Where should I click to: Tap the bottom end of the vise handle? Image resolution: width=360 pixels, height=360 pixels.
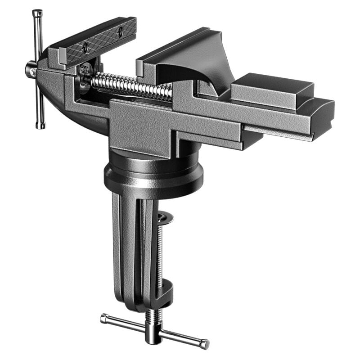point(40,126)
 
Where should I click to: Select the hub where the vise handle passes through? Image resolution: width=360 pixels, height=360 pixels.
point(31,69)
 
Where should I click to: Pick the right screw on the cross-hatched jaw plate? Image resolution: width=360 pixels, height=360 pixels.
point(120,31)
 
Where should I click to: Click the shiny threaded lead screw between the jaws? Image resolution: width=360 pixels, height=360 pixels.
point(130,86)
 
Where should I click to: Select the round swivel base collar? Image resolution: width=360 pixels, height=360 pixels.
point(153,173)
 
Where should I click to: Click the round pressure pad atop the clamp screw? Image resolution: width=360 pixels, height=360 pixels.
point(166,218)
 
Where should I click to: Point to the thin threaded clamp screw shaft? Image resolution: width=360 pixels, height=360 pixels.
point(159,252)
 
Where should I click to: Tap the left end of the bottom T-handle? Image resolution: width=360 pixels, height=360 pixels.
point(104,319)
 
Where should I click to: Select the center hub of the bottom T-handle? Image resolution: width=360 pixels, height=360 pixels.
point(153,331)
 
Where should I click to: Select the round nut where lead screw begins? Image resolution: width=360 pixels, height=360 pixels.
point(84,78)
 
